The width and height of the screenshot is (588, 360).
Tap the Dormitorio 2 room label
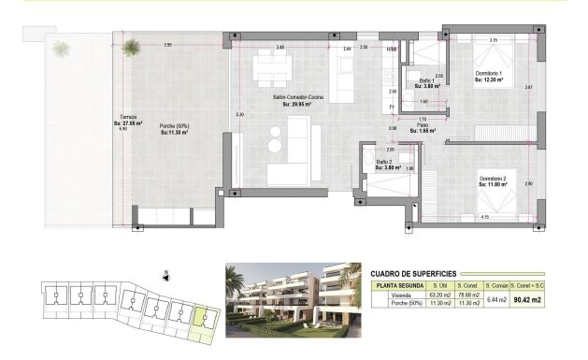click(x=492, y=179)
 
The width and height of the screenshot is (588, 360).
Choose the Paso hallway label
click(x=422, y=126)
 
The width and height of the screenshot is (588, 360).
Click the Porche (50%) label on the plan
click(x=172, y=126)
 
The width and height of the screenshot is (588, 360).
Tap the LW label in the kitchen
click(x=346, y=48)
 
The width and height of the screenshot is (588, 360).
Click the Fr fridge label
click(x=392, y=107)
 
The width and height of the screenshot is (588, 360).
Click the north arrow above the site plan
click(x=165, y=275)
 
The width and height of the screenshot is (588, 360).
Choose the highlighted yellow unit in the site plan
click(x=201, y=320)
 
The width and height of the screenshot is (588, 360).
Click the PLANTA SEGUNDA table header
click(x=400, y=285)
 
